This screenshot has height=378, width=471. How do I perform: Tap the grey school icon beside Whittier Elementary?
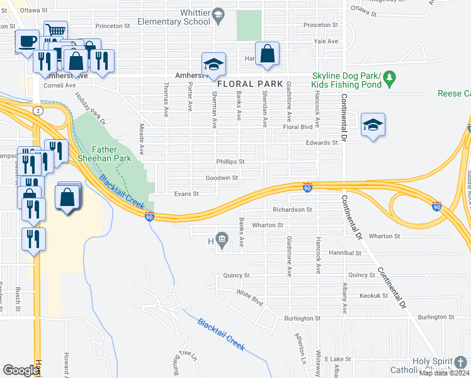[x=218, y=14]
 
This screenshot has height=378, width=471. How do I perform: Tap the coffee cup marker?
[x=26, y=42]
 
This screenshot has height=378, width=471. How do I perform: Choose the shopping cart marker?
[x=56, y=31]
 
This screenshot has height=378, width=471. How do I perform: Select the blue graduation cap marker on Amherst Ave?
[x=213, y=65]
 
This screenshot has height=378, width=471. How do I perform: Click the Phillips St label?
[x=230, y=162]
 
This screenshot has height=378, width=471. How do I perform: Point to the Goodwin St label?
[x=223, y=178]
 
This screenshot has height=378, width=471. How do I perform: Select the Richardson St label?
[x=292, y=209]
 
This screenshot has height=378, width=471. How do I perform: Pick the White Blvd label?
[x=249, y=294]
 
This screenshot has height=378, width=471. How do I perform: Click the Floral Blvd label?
[x=298, y=127]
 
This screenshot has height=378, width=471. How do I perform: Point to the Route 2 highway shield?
[x=39, y=110]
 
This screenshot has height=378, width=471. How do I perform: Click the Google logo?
[x=20, y=370]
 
